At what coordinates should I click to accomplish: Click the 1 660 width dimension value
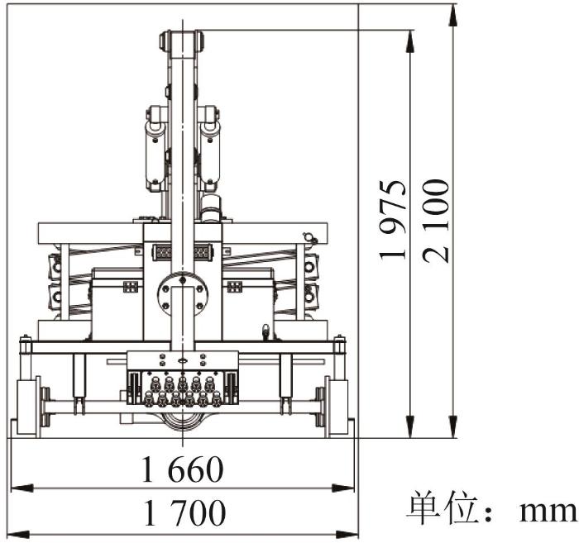tap(183, 469)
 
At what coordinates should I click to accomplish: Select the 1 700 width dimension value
tap(184, 512)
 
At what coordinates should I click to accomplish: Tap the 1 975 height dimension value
tap(393, 220)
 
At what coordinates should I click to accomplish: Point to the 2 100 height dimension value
tap(436, 221)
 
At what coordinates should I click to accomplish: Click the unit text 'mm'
tap(548, 512)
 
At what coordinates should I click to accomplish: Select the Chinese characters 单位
tap(440, 507)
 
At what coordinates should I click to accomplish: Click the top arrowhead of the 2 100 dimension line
tap(454, 15)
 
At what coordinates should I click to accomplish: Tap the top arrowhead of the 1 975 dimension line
tap(410, 40)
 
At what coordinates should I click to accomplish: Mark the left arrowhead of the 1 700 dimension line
tap(18, 534)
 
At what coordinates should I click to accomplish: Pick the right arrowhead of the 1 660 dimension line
tap(343, 488)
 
